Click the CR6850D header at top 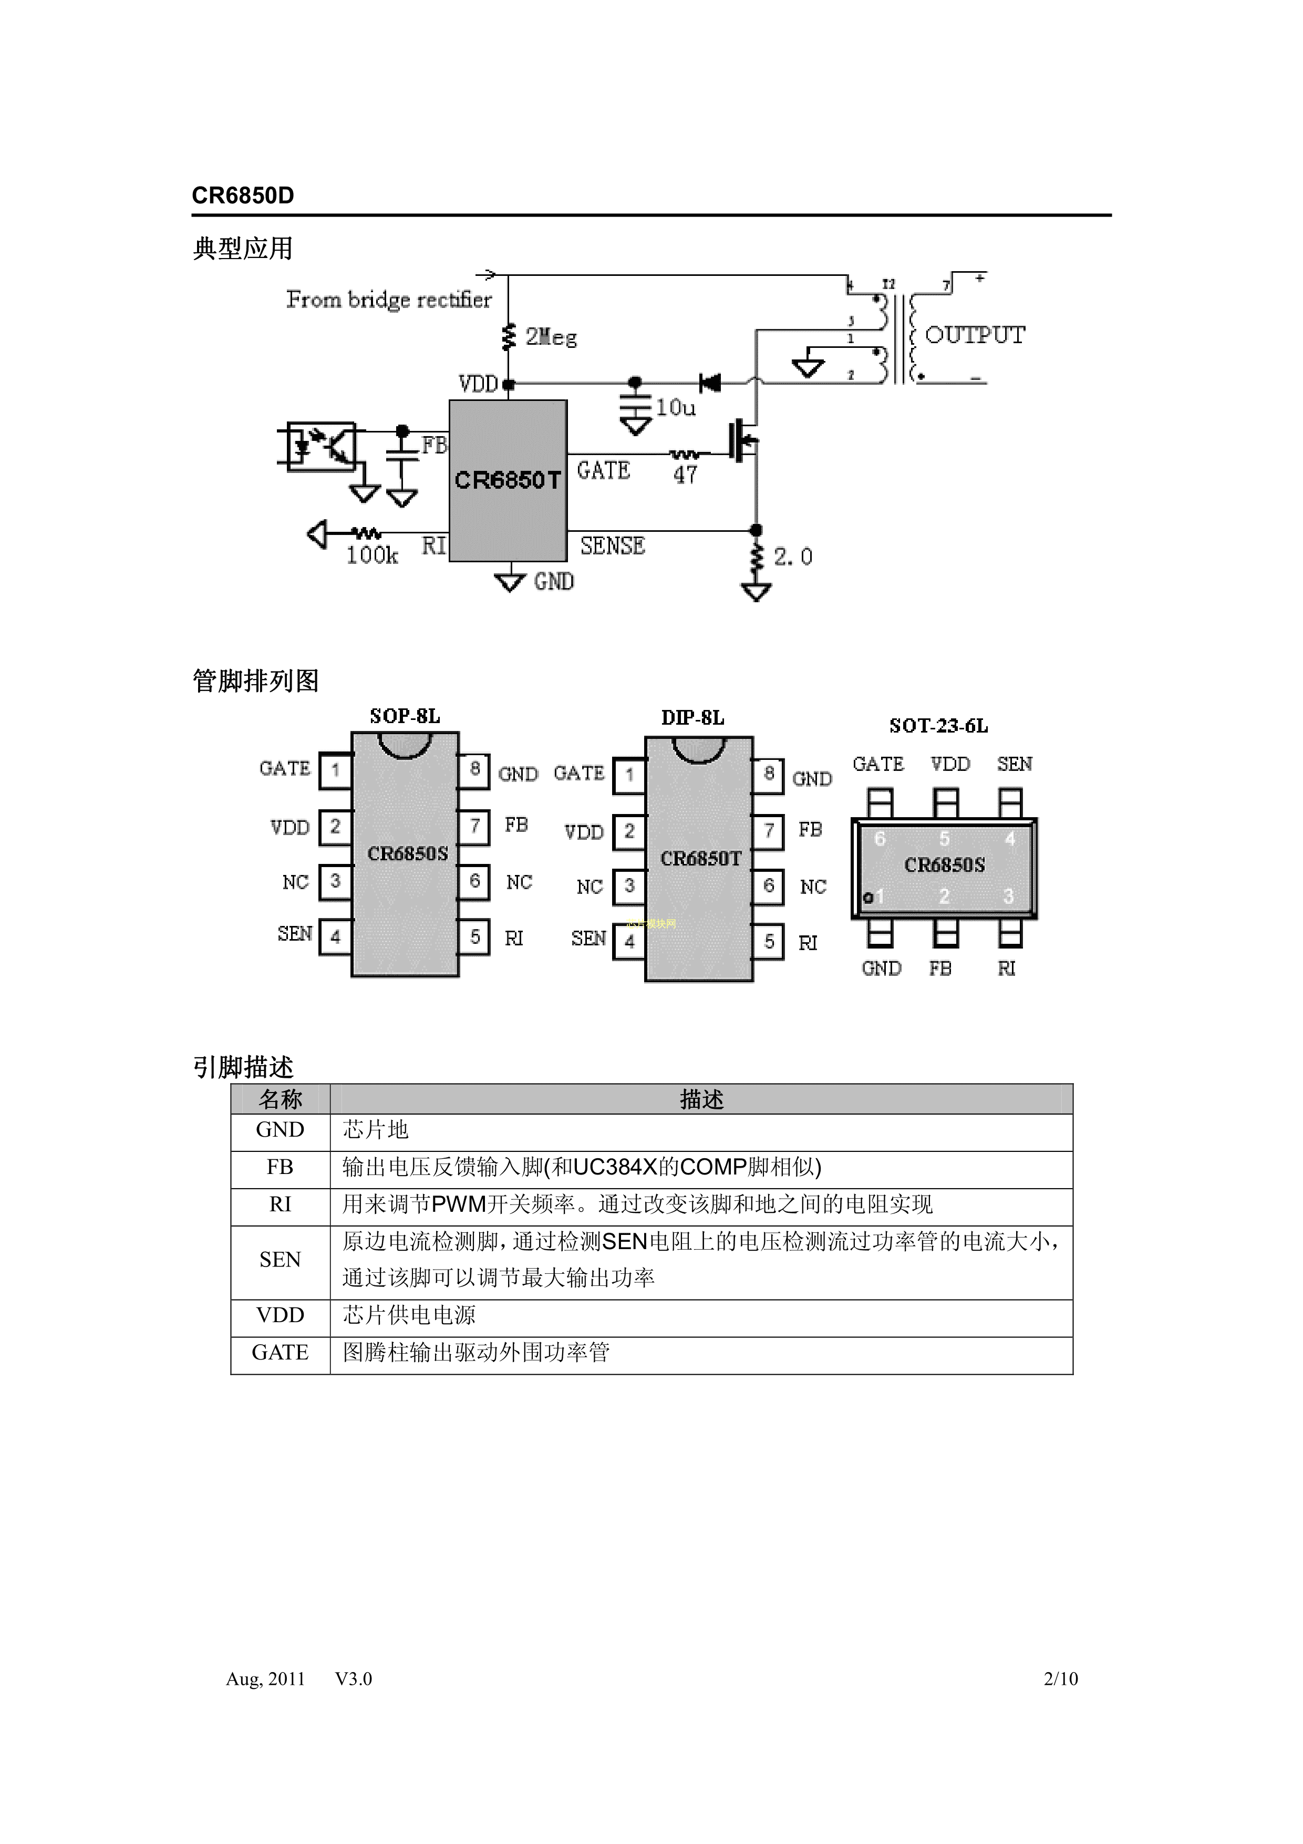click(242, 196)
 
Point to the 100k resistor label click(371, 555)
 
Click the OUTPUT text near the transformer click(975, 335)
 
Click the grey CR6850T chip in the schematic click(508, 480)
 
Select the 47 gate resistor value click(685, 475)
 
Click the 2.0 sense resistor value click(792, 557)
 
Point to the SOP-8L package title click(405, 716)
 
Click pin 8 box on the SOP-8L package click(474, 769)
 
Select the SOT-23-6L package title click(938, 726)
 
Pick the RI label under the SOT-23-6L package click(1007, 969)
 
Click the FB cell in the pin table click(280, 1167)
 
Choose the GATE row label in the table click(280, 1353)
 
